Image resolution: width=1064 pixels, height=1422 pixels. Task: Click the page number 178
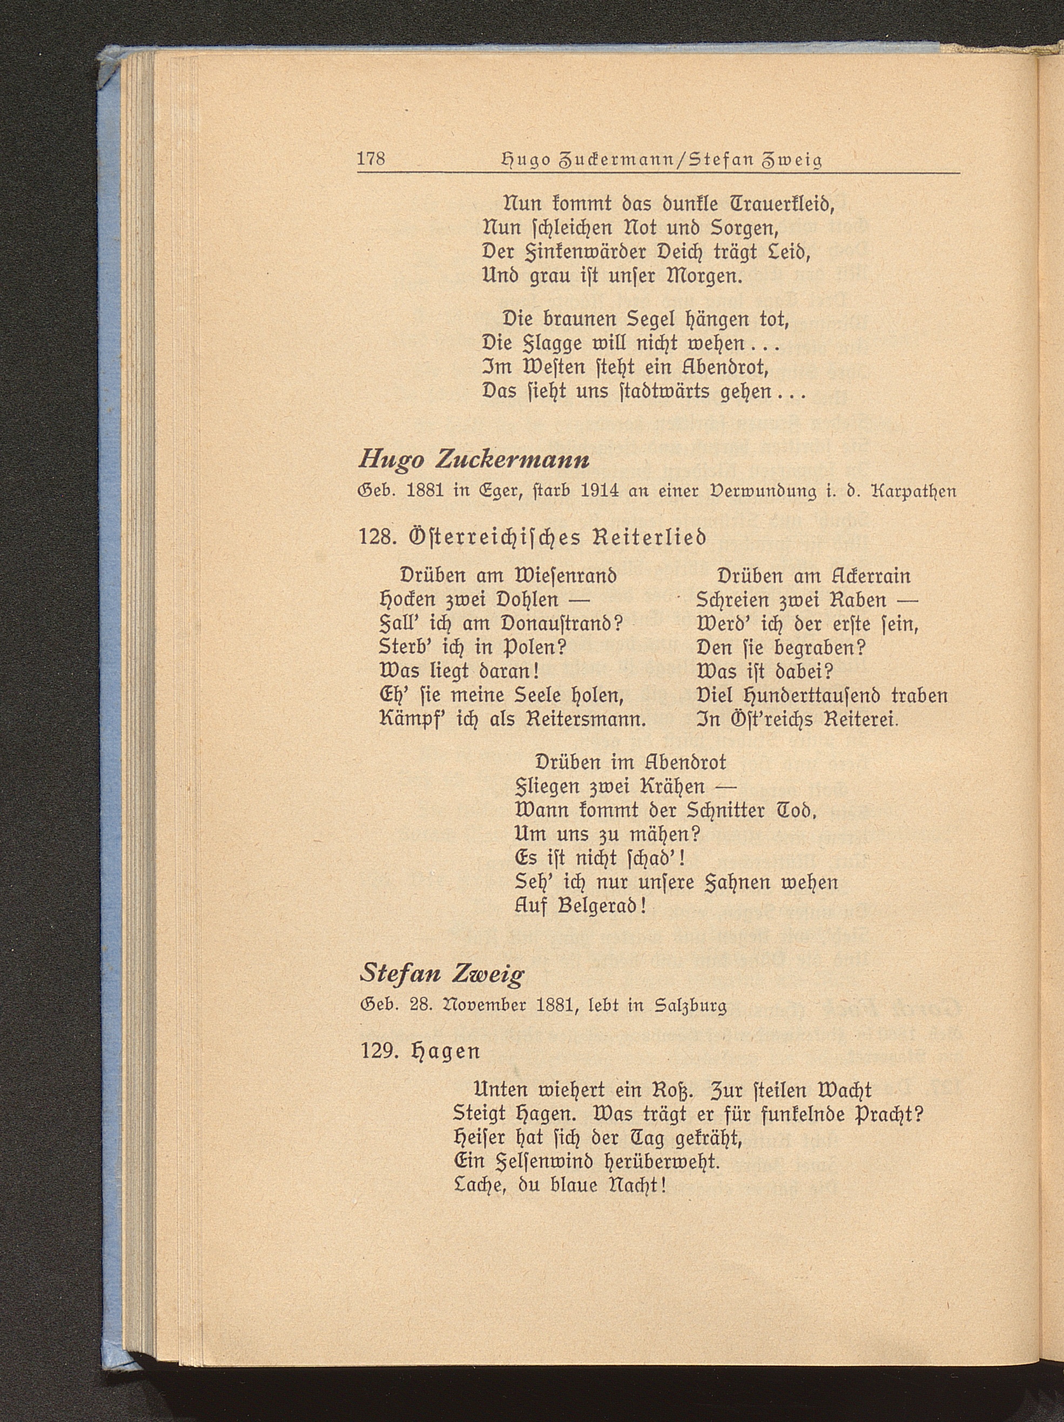(x=371, y=158)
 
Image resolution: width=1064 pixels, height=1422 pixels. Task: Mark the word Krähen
(x=675, y=787)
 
